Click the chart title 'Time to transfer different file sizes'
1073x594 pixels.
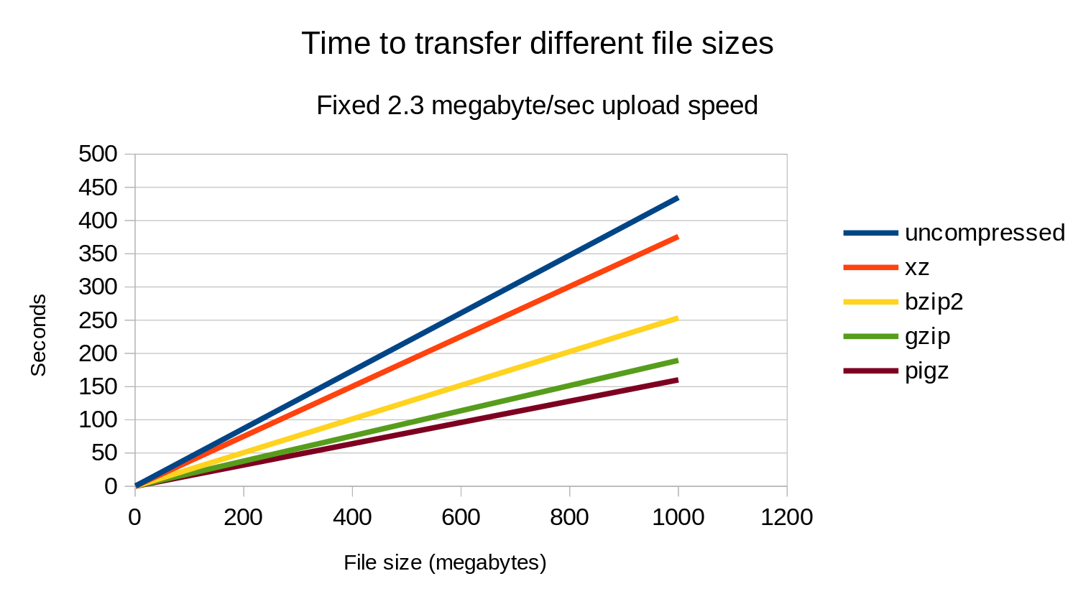(x=537, y=44)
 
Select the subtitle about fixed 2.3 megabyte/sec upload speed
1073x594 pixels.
(x=537, y=106)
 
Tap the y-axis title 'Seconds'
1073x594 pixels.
(x=38, y=335)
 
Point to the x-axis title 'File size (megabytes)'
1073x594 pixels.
(x=445, y=562)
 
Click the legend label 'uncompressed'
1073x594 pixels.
(x=985, y=233)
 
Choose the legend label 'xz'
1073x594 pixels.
(x=917, y=267)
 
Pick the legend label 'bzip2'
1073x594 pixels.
(x=934, y=302)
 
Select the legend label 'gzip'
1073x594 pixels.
(x=927, y=336)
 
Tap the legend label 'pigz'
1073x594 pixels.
(x=926, y=371)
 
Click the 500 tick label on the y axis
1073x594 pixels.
(x=98, y=154)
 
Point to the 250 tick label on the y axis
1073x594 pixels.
(x=98, y=320)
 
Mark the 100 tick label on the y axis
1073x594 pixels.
(x=98, y=419)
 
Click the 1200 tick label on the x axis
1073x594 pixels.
(x=787, y=517)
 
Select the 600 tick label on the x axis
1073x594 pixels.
(x=461, y=517)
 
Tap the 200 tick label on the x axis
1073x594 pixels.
(x=244, y=517)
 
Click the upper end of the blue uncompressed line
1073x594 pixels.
(x=677, y=198)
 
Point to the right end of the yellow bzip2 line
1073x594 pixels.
(x=677, y=318)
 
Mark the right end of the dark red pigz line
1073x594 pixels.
(x=677, y=380)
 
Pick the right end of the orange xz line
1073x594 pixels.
(x=677, y=237)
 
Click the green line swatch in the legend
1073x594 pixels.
(x=870, y=336)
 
